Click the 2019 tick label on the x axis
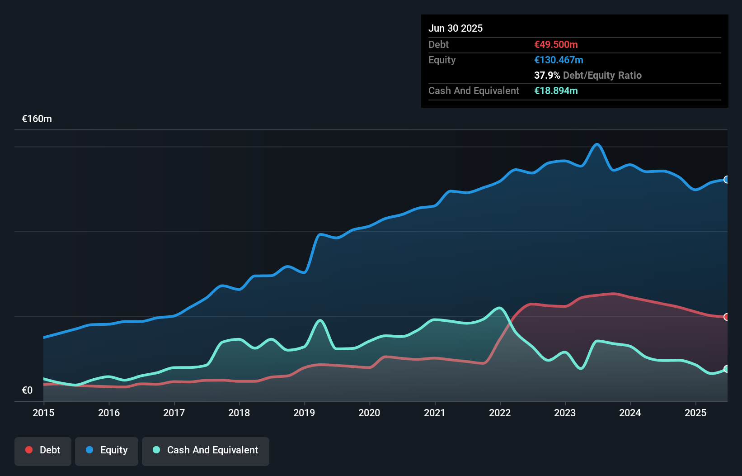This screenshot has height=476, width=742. coord(304,413)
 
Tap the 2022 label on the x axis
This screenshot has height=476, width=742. coord(500,413)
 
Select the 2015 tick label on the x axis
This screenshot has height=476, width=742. coord(43,413)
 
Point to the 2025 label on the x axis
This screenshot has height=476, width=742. coord(695,413)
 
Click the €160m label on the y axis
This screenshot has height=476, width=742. coord(37,119)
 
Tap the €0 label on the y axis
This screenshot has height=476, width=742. coord(27,390)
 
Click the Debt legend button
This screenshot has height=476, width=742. coord(43,450)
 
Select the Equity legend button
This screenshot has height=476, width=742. coord(107,450)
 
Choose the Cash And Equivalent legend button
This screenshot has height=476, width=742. coord(206,450)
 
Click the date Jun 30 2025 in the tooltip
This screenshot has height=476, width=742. coord(456,28)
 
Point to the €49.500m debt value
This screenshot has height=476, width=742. coord(556,44)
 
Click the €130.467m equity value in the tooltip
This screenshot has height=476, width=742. coord(559,60)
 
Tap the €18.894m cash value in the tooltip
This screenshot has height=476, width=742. coord(556,90)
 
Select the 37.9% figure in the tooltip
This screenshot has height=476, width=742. coord(547,75)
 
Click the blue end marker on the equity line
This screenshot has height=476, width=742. coord(726,180)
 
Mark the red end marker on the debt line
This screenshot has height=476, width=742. coord(726,317)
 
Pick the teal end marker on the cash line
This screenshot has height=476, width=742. coord(726,369)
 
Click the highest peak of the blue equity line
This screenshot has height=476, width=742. coord(597,144)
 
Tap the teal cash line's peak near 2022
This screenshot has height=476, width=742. coord(499,308)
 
